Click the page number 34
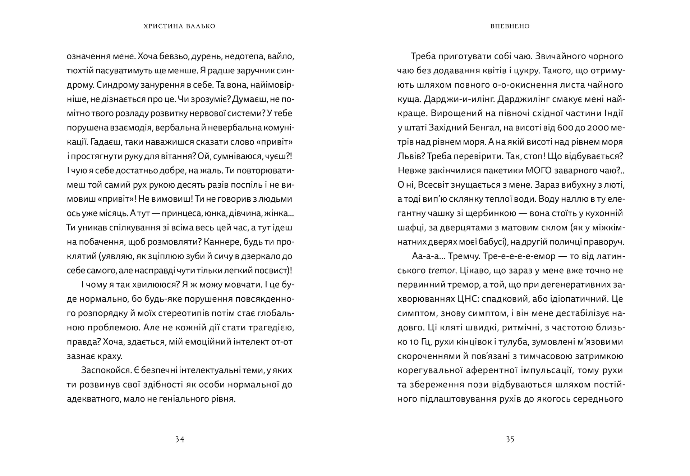click(180, 439)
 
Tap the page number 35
click(510, 439)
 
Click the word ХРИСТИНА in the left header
click(160, 26)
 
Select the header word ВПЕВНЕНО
click(510, 26)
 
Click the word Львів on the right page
click(408, 156)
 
